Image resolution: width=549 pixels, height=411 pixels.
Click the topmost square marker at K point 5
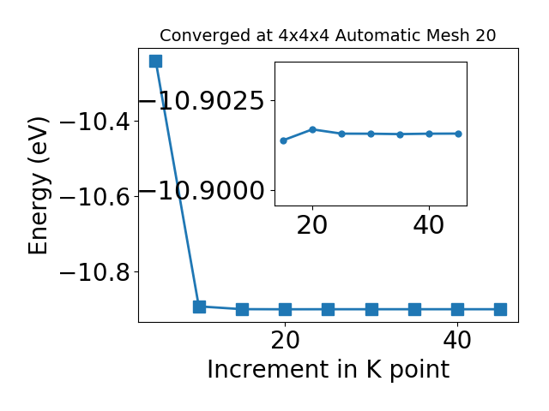pos(156,61)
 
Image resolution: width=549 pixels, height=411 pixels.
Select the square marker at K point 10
pos(199,307)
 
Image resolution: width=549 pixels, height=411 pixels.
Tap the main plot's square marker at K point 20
pos(286,309)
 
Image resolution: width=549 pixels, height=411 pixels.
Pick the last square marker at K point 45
pos(500,309)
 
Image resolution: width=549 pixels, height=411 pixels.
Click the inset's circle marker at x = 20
pos(312,129)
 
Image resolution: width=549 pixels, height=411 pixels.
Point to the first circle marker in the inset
pos(284,140)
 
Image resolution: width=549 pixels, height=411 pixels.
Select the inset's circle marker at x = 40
pos(429,134)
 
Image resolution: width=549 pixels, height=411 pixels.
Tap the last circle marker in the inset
pos(458,134)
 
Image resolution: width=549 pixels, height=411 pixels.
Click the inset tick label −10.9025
pos(202,101)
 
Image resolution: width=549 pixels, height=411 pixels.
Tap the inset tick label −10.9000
pos(202,191)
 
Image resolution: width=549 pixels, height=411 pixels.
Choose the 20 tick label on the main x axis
pos(285,340)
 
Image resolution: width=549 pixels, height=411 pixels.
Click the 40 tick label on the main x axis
pos(457,340)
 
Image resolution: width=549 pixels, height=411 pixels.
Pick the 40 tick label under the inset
pos(429,225)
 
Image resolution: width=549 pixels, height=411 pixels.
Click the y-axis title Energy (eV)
pos(38,186)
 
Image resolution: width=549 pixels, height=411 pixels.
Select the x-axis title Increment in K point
pos(329,369)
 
